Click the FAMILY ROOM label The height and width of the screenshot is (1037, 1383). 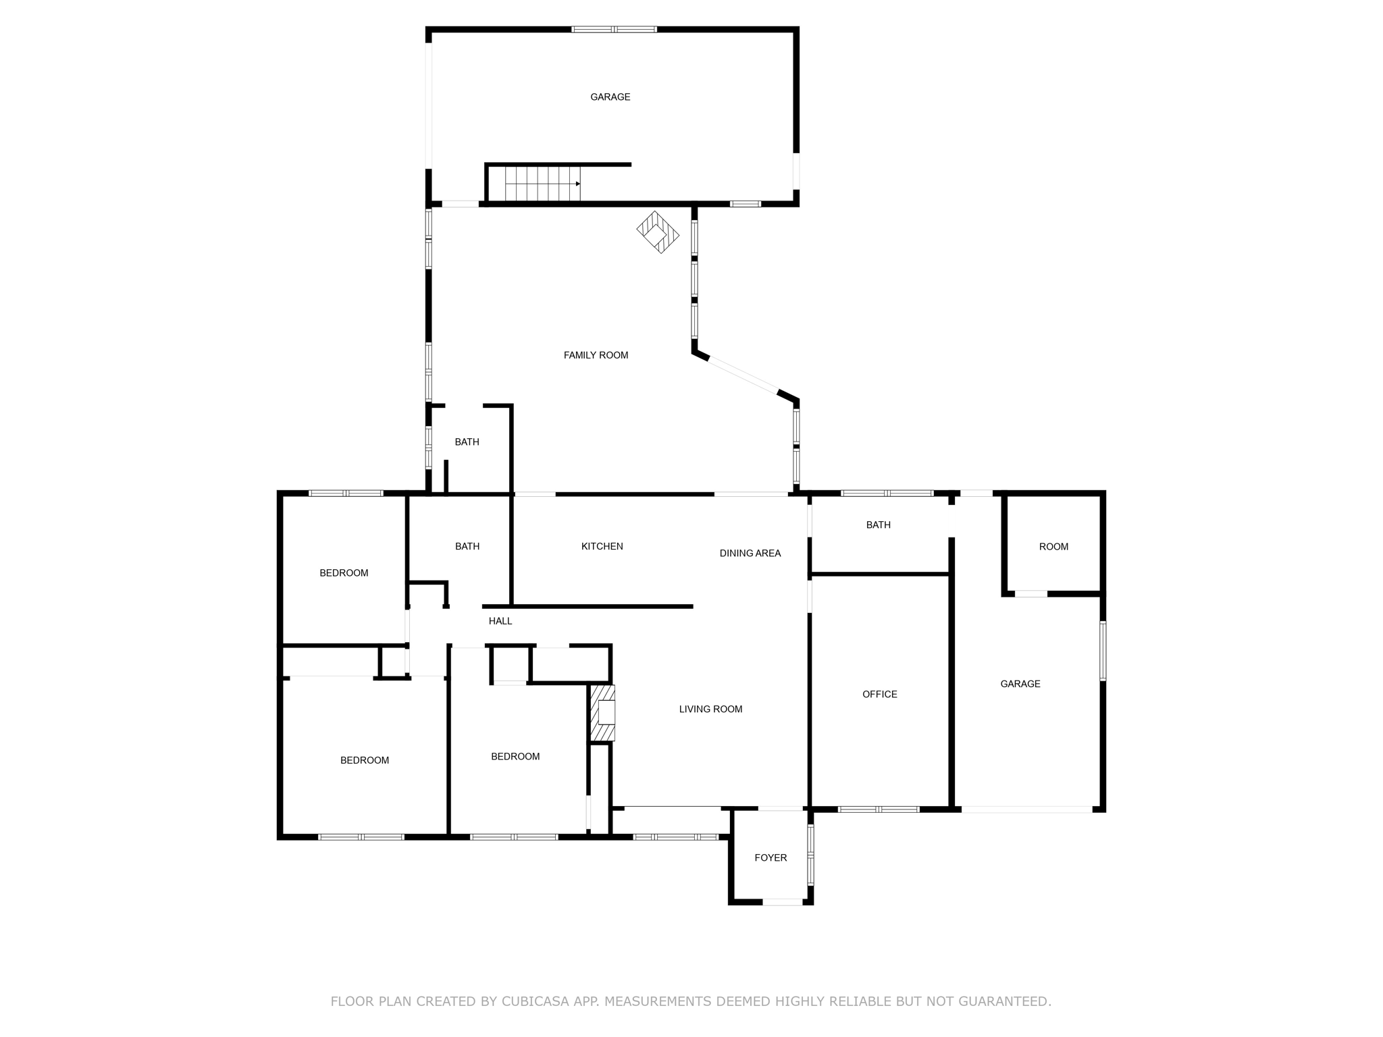pyautogui.click(x=596, y=355)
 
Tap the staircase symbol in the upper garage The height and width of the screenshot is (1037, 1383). pyautogui.click(x=542, y=184)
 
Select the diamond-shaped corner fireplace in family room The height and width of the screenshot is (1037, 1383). pyautogui.click(x=658, y=232)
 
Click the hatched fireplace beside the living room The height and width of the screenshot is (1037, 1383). pyautogui.click(x=602, y=713)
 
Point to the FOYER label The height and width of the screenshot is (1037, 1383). pyautogui.click(x=771, y=857)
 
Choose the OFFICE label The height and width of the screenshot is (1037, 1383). pyautogui.click(x=879, y=694)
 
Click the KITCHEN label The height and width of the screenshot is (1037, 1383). pyautogui.click(x=602, y=546)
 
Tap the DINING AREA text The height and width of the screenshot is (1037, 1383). pyautogui.click(x=750, y=553)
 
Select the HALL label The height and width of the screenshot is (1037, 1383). pyautogui.click(x=500, y=621)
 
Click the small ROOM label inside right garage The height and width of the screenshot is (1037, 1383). pyautogui.click(x=1053, y=547)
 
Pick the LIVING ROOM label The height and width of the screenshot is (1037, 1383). pyautogui.click(x=710, y=709)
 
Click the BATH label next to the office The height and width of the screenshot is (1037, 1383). pyautogui.click(x=878, y=525)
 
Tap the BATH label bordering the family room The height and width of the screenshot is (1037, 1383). pyautogui.click(x=467, y=442)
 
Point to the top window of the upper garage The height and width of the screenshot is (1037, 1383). pyautogui.click(x=614, y=29)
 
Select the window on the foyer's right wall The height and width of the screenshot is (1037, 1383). pyautogui.click(x=811, y=855)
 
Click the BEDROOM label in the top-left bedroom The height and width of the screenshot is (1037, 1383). pyautogui.click(x=344, y=573)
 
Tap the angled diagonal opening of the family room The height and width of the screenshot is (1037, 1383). pyautogui.click(x=743, y=375)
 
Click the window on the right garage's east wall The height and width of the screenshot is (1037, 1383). pyautogui.click(x=1103, y=651)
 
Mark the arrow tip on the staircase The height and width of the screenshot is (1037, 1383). pyautogui.click(x=579, y=184)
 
